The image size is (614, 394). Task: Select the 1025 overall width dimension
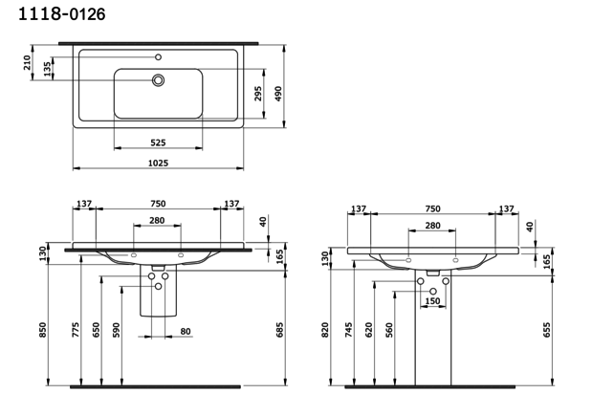click(158, 164)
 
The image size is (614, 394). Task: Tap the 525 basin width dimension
click(158, 142)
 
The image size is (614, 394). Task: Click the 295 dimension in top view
click(258, 94)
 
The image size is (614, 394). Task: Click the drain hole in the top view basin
click(157, 81)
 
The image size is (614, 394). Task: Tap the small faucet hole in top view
click(158, 57)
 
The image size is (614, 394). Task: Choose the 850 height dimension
click(42, 328)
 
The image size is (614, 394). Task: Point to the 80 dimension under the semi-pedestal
click(186, 332)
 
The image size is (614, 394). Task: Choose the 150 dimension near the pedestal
click(432, 300)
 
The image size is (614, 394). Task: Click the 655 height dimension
click(546, 330)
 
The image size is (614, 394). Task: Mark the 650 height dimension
click(97, 330)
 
